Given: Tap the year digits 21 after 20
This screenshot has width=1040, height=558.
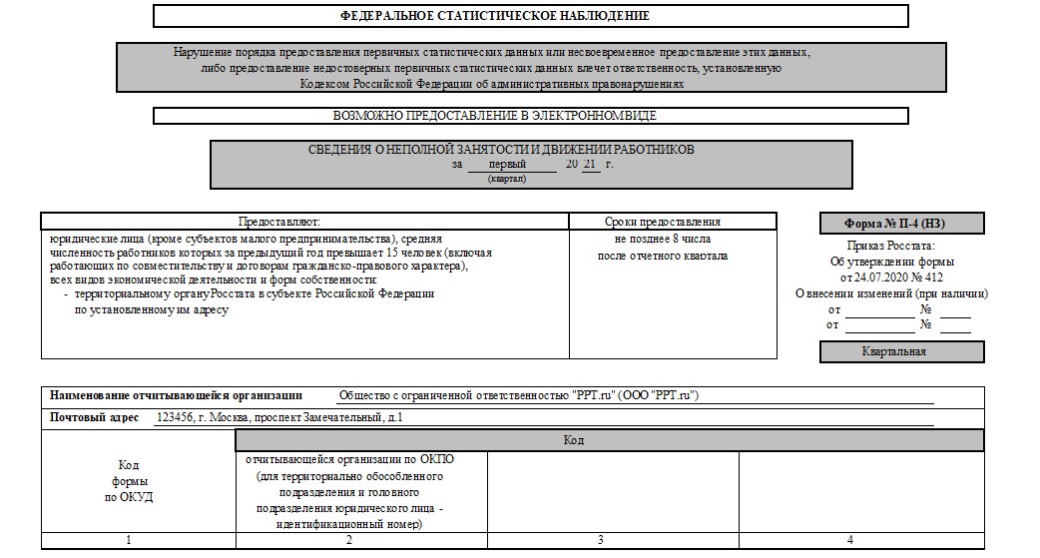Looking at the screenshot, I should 591,164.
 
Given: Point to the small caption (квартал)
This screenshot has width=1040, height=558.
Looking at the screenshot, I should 507,179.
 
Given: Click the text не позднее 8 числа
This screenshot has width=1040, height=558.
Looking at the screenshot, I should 663,240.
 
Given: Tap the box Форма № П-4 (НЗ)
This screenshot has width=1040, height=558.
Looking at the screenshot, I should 901,224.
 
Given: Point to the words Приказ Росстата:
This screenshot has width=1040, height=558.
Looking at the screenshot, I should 890,246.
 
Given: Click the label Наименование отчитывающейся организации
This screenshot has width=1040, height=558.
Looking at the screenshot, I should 176,395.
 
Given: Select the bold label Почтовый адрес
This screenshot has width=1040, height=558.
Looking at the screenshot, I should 97,416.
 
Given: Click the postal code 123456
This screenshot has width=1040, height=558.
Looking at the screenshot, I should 176,416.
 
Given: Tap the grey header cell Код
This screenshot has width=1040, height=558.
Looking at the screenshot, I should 573,440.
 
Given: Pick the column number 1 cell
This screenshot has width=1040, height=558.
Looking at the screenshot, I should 129,540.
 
